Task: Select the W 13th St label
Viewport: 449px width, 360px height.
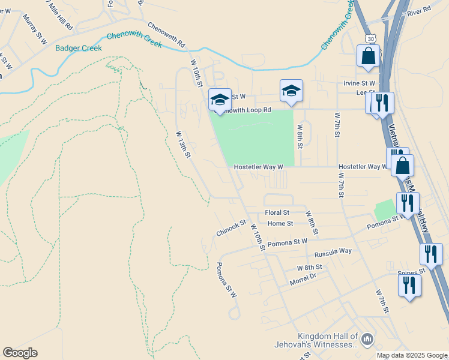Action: click(183, 145)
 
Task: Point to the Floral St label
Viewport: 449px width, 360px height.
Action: click(277, 212)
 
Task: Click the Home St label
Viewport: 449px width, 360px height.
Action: click(280, 223)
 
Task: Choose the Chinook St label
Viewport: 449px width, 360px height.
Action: click(231, 228)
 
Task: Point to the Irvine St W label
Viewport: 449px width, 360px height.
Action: click(359, 83)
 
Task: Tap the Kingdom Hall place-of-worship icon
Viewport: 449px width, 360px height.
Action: click(367, 341)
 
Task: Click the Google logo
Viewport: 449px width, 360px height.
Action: click(20, 353)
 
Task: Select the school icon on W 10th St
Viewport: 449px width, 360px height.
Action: click(220, 100)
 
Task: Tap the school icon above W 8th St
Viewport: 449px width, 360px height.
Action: click(291, 91)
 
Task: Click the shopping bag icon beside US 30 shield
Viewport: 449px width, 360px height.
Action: click(367, 56)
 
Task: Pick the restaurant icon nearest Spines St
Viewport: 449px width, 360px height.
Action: click(409, 285)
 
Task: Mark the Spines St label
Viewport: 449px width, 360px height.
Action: click(411, 272)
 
